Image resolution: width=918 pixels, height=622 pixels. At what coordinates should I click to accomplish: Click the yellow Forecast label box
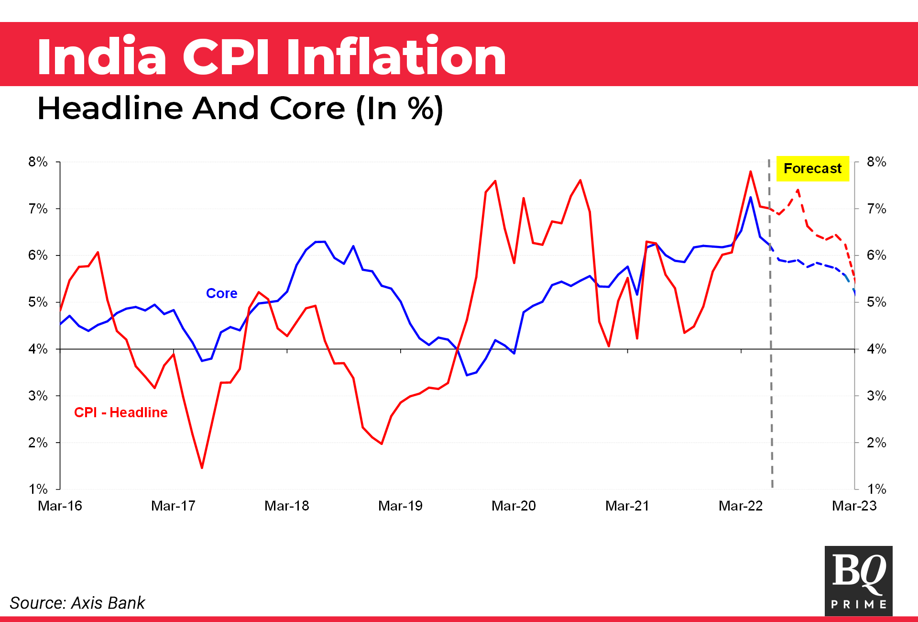pos(812,168)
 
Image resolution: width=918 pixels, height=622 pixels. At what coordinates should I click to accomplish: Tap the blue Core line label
pos(221,293)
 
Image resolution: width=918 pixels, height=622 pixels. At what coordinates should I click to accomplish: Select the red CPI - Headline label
pos(120,412)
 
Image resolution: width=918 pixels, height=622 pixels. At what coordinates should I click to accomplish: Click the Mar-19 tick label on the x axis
pos(400,506)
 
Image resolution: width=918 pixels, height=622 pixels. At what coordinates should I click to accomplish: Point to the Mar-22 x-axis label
pos(741,506)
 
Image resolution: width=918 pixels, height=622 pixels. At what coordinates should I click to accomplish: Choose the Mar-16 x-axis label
pos(60,506)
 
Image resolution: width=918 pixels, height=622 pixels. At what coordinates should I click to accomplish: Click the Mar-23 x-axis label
pos(854,506)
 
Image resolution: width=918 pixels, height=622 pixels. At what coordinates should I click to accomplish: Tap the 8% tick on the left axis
pos(38,162)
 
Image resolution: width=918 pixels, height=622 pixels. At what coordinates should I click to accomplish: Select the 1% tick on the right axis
pos(876,489)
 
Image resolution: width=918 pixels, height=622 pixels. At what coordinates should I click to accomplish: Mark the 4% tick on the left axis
pos(38,349)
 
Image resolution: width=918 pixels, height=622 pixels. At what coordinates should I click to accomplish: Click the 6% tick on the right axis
pos(876,255)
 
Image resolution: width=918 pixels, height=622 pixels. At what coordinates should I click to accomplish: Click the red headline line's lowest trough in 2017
pos(202,467)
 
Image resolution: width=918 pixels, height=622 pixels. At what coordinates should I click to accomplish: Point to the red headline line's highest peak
pos(751,171)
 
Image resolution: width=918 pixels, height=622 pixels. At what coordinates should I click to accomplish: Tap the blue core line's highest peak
pos(751,197)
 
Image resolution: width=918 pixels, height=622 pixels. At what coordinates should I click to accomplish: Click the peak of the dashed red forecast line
pos(798,190)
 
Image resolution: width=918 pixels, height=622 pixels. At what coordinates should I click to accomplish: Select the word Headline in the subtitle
pos(110,108)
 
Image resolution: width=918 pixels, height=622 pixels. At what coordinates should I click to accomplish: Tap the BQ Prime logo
pos(858,580)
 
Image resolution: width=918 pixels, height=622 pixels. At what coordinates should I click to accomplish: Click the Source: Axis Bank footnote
pos(77,603)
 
